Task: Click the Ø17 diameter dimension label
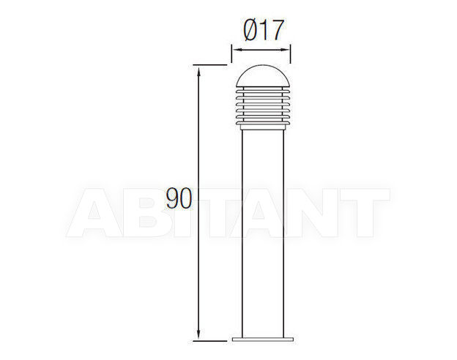[263, 30]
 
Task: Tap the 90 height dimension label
[179, 198]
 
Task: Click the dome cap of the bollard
[263, 75]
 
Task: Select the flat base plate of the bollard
[263, 340]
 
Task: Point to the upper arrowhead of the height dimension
[198, 71]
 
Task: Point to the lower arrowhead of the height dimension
[198, 334]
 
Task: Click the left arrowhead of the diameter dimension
[237, 50]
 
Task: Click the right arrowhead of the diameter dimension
[285, 50]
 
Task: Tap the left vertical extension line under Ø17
[231, 53]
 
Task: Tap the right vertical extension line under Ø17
[290, 53]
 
